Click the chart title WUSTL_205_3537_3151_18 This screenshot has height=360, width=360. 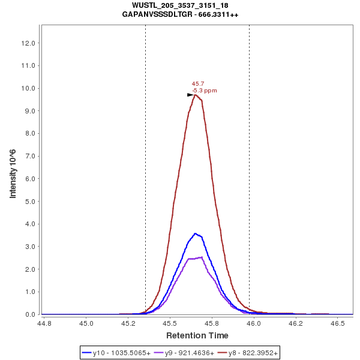[x=180, y=5]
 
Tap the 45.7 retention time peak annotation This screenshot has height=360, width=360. [x=197, y=84]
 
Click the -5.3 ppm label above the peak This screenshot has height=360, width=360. [x=205, y=91]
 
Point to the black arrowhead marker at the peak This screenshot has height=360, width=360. [x=190, y=95]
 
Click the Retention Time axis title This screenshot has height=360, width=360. [x=197, y=335]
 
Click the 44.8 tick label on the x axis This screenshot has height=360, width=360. [x=44, y=323]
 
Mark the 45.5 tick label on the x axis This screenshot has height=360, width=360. [x=170, y=323]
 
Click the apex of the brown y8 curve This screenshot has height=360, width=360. [x=196, y=95]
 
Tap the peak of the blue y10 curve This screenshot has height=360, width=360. [x=194, y=233]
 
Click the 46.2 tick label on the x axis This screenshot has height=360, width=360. [x=293, y=323]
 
